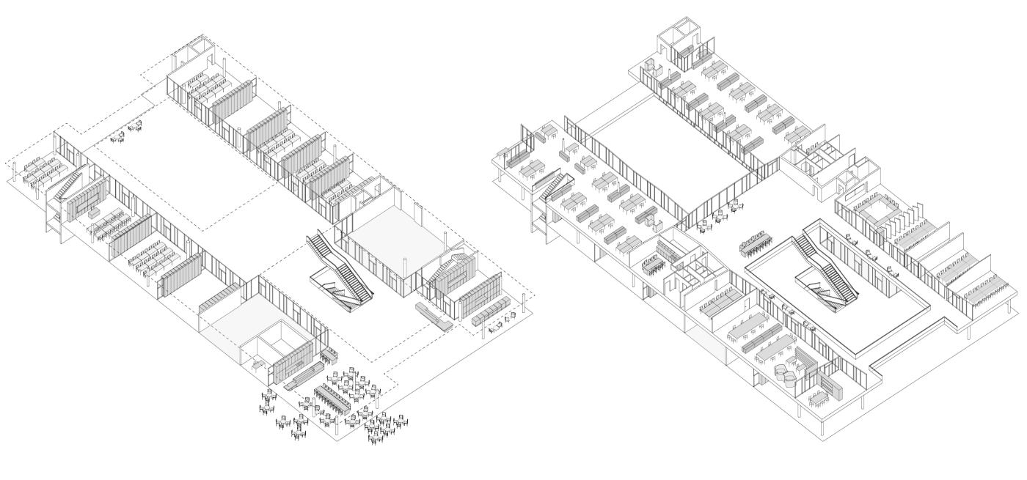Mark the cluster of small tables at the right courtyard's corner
[712, 217]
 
